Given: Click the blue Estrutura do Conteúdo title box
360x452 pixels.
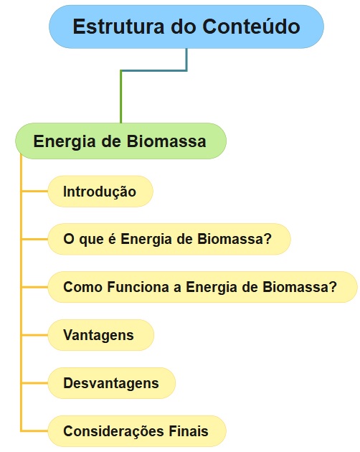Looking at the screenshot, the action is [186, 27].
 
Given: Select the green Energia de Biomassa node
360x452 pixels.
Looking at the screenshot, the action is [120, 141].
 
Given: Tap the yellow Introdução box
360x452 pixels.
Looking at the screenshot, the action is [100, 192].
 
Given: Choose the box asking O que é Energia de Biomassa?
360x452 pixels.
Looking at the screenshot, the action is [169, 239].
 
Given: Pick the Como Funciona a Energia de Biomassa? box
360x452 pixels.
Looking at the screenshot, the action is [203, 287].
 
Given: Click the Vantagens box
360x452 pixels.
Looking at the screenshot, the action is [101, 335].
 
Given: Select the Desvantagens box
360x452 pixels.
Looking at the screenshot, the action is [112, 383].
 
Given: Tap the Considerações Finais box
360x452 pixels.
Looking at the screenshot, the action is [137, 431].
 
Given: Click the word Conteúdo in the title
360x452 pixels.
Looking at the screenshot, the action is [251, 27].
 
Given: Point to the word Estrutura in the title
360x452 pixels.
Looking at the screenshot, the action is [118, 27].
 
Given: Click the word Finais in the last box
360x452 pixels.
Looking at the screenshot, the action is [189, 431].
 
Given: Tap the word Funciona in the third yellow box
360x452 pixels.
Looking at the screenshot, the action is [138, 287].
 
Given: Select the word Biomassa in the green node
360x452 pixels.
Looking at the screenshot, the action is [166, 141].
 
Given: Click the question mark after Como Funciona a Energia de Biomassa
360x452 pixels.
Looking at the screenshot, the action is [333, 287].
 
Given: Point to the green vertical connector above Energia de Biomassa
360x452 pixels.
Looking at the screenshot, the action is [120, 97].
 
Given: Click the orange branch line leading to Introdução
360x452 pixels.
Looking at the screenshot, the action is [34, 191].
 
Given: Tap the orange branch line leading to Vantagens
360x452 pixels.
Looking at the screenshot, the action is [34, 335].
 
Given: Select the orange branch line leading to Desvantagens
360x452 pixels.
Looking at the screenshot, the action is [34, 383].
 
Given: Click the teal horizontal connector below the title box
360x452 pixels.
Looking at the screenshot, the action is [154, 70].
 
